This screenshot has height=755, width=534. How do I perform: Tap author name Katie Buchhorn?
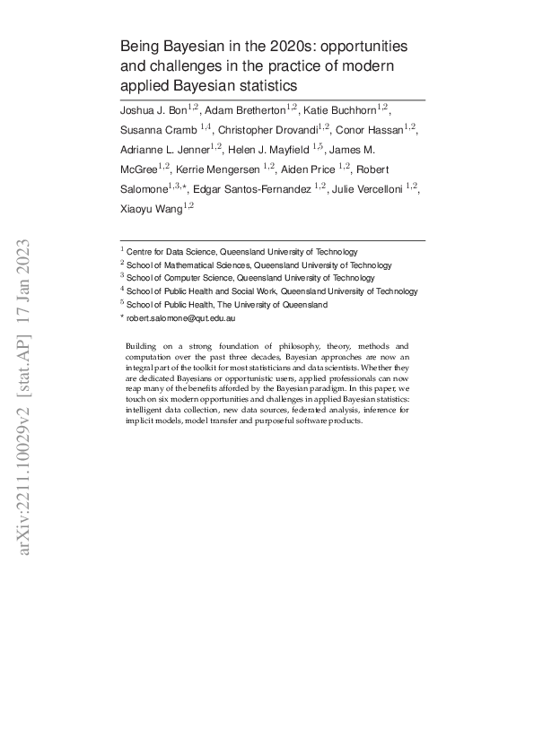339,109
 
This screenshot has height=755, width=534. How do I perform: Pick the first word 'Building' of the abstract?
142,346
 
